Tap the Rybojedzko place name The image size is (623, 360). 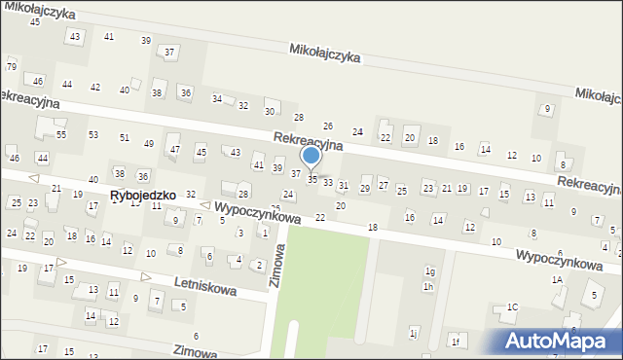(x=143, y=195)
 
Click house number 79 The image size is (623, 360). (x=12, y=66)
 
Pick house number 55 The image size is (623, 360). (x=60, y=134)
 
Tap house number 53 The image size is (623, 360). (x=93, y=134)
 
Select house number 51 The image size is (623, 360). (x=125, y=137)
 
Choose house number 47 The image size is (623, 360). (x=175, y=150)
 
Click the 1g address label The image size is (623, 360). (x=429, y=271)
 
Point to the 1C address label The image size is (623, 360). (x=512, y=308)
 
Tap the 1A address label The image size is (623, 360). (x=558, y=279)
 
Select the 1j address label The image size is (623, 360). (x=413, y=334)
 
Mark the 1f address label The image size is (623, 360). (x=455, y=340)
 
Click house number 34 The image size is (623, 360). (x=217, y=99)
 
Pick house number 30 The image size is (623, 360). (x=271, y=111)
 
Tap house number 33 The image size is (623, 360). (x=328, y=182)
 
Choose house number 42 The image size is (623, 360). (x=95, y=88)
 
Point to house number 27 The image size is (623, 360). (x=384, y=185)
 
